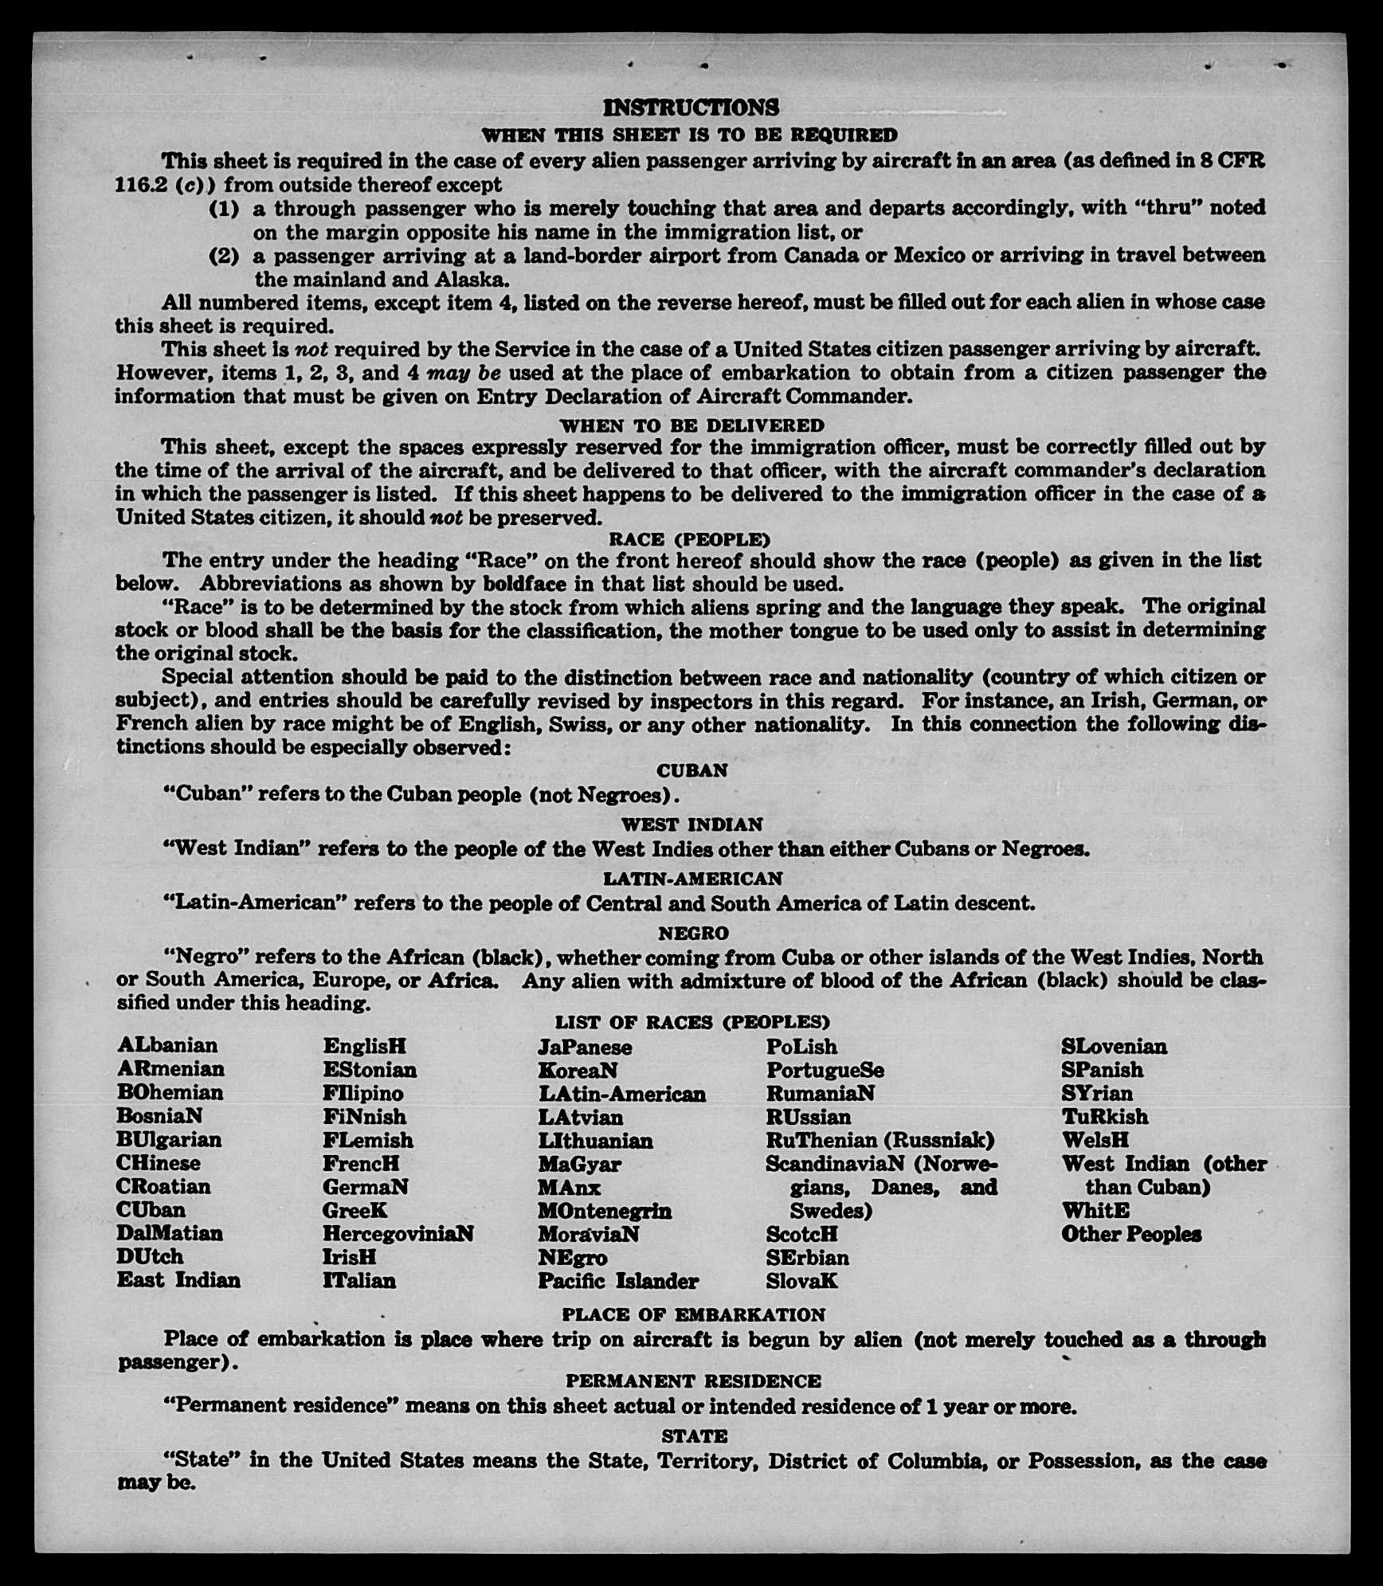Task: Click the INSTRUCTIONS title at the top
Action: point(691,108)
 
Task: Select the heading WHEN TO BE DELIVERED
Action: point(691,425)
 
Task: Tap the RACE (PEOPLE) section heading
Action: point(690,539)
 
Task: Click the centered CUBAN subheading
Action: point(691,770)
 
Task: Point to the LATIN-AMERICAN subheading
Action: point(692,878)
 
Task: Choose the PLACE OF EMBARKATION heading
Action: point(693,1314)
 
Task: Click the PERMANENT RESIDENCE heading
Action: point(693,1381)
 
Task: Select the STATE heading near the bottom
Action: point(694,1435)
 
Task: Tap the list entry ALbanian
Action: point(167,1045)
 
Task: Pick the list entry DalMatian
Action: point(170,1233)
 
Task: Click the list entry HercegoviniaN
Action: point(398,1234)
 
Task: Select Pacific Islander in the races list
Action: point(618,1281)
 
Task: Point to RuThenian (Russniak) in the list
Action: point(880,1140)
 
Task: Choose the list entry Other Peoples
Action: point(1131,1234)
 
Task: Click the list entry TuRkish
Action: point(1105,1116)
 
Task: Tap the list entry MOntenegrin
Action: point(605,1211)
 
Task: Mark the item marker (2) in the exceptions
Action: point(224,257)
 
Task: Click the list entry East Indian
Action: point(178,1280)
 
